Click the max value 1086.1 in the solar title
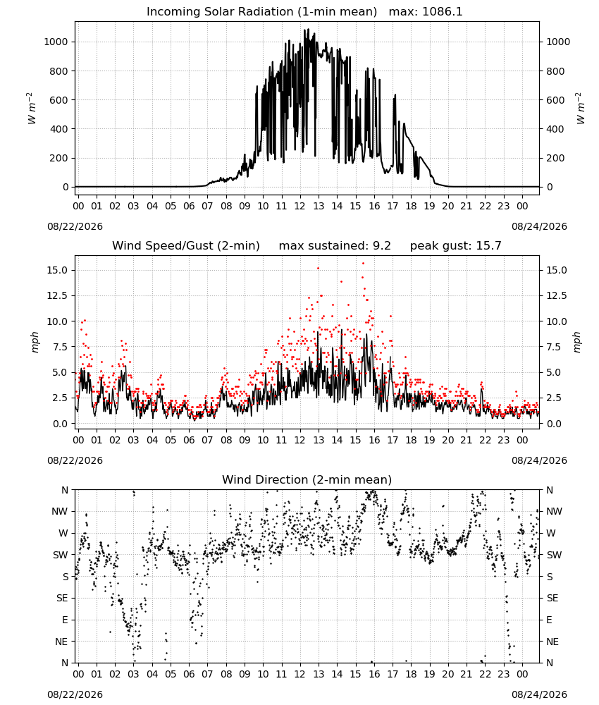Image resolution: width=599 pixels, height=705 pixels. tap(442, 12)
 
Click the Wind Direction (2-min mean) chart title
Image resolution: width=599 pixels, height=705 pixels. tap(307, 479)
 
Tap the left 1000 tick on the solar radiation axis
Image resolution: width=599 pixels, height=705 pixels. tap(56, 42)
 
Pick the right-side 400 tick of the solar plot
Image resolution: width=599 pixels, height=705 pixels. tap(555, 129)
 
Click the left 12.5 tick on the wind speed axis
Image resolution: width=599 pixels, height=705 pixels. tap(58, 296)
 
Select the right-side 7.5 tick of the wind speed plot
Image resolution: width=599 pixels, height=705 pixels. tap(554, 347)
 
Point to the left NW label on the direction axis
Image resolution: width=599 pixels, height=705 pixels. tap(60, 512)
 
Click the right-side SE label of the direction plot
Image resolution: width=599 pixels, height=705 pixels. tap(552, 599)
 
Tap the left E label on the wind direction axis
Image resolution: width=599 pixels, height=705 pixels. tap(65, 620)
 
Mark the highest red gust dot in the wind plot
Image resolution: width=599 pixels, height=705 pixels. tap(363, 264)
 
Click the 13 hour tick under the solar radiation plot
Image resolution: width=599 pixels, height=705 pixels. tap(319, 206)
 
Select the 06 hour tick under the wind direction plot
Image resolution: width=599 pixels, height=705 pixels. tap(189, 674)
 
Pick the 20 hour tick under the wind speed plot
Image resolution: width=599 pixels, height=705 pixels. tap(448, 440)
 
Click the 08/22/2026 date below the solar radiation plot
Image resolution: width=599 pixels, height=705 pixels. tap(75, 226)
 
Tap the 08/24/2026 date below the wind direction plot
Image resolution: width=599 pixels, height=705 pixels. tap(539, 694)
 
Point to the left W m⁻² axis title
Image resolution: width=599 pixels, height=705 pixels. tap(32, 109)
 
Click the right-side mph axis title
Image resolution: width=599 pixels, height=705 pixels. tap(577, 342)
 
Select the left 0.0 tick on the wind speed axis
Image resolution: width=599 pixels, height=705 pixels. tap(60, 424)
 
